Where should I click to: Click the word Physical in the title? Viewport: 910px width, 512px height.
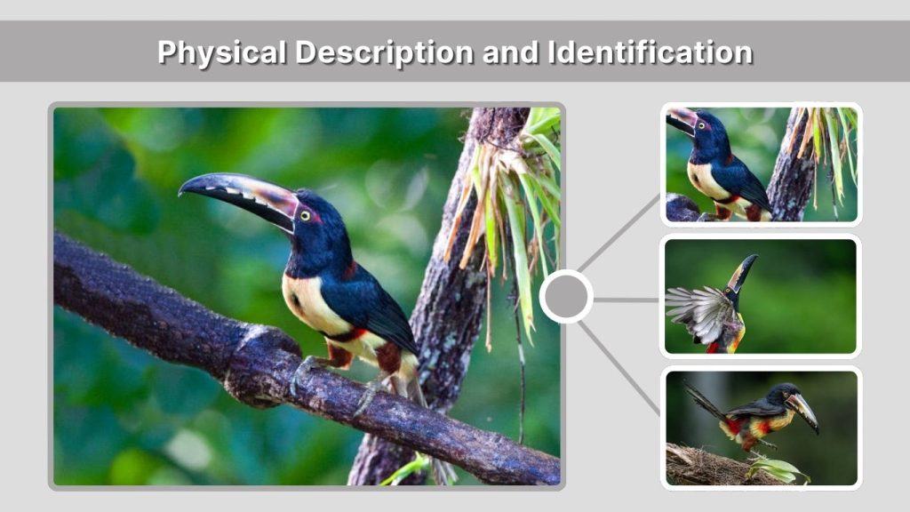pos(221,52)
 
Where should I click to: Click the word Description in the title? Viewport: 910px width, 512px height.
pos(384,52)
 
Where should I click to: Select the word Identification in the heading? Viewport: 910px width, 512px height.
pos(650,52)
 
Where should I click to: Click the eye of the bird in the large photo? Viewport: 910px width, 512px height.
pos(306,215)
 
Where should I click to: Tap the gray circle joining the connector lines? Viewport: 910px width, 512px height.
pos(566,297)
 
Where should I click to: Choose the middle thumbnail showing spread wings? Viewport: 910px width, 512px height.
pos(762,297)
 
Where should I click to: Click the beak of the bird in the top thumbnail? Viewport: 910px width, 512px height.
pos(681,120)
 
